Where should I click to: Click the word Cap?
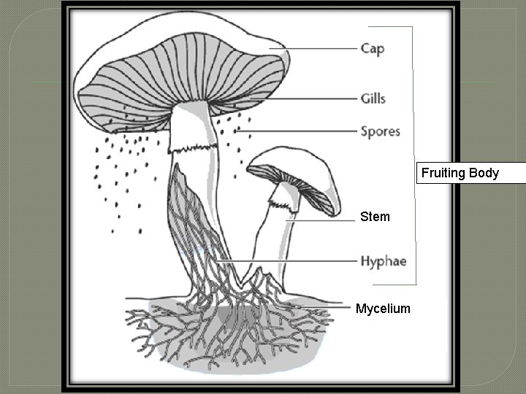(373, 49)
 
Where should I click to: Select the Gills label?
(373, 98)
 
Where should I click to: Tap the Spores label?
(380, 132)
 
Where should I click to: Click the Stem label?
(375, 217)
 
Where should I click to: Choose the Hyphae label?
(383, 260)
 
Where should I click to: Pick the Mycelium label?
(383, 309)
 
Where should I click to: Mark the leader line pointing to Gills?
(307, 98)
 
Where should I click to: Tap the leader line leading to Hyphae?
(285, 260)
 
